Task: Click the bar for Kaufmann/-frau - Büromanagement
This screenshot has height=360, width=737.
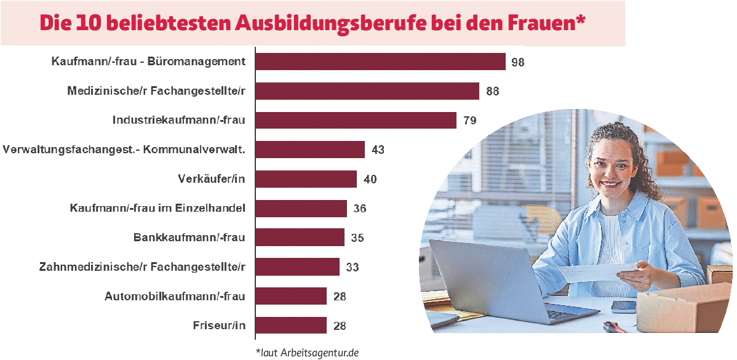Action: coord(380,62)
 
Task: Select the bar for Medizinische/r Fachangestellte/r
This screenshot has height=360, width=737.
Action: coord(367,91)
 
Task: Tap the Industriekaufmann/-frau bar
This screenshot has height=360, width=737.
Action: coord(356,120)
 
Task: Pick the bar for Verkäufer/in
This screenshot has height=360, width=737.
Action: coord(306,179)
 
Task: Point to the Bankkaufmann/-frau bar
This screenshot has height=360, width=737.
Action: coord(300,238)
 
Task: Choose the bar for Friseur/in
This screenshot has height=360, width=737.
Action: coord(291,326)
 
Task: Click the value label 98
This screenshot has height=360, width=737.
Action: coord(517,62)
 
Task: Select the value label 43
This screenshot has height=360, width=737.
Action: coord(378,150)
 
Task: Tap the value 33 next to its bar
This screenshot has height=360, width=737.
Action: coord(352,268)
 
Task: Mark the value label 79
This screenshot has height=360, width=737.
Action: coord(469,121)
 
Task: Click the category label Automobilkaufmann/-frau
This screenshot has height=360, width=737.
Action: coord(175,297)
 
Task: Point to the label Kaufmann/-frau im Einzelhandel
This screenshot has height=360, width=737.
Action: coord(158,208)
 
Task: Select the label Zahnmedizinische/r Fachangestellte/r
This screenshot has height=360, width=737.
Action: coord(142,267)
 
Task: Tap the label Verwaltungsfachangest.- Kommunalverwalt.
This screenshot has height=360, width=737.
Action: coord(124,150)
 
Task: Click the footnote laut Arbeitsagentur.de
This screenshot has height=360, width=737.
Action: coord(307,353)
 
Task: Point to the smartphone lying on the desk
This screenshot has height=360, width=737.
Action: coord(623,306)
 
